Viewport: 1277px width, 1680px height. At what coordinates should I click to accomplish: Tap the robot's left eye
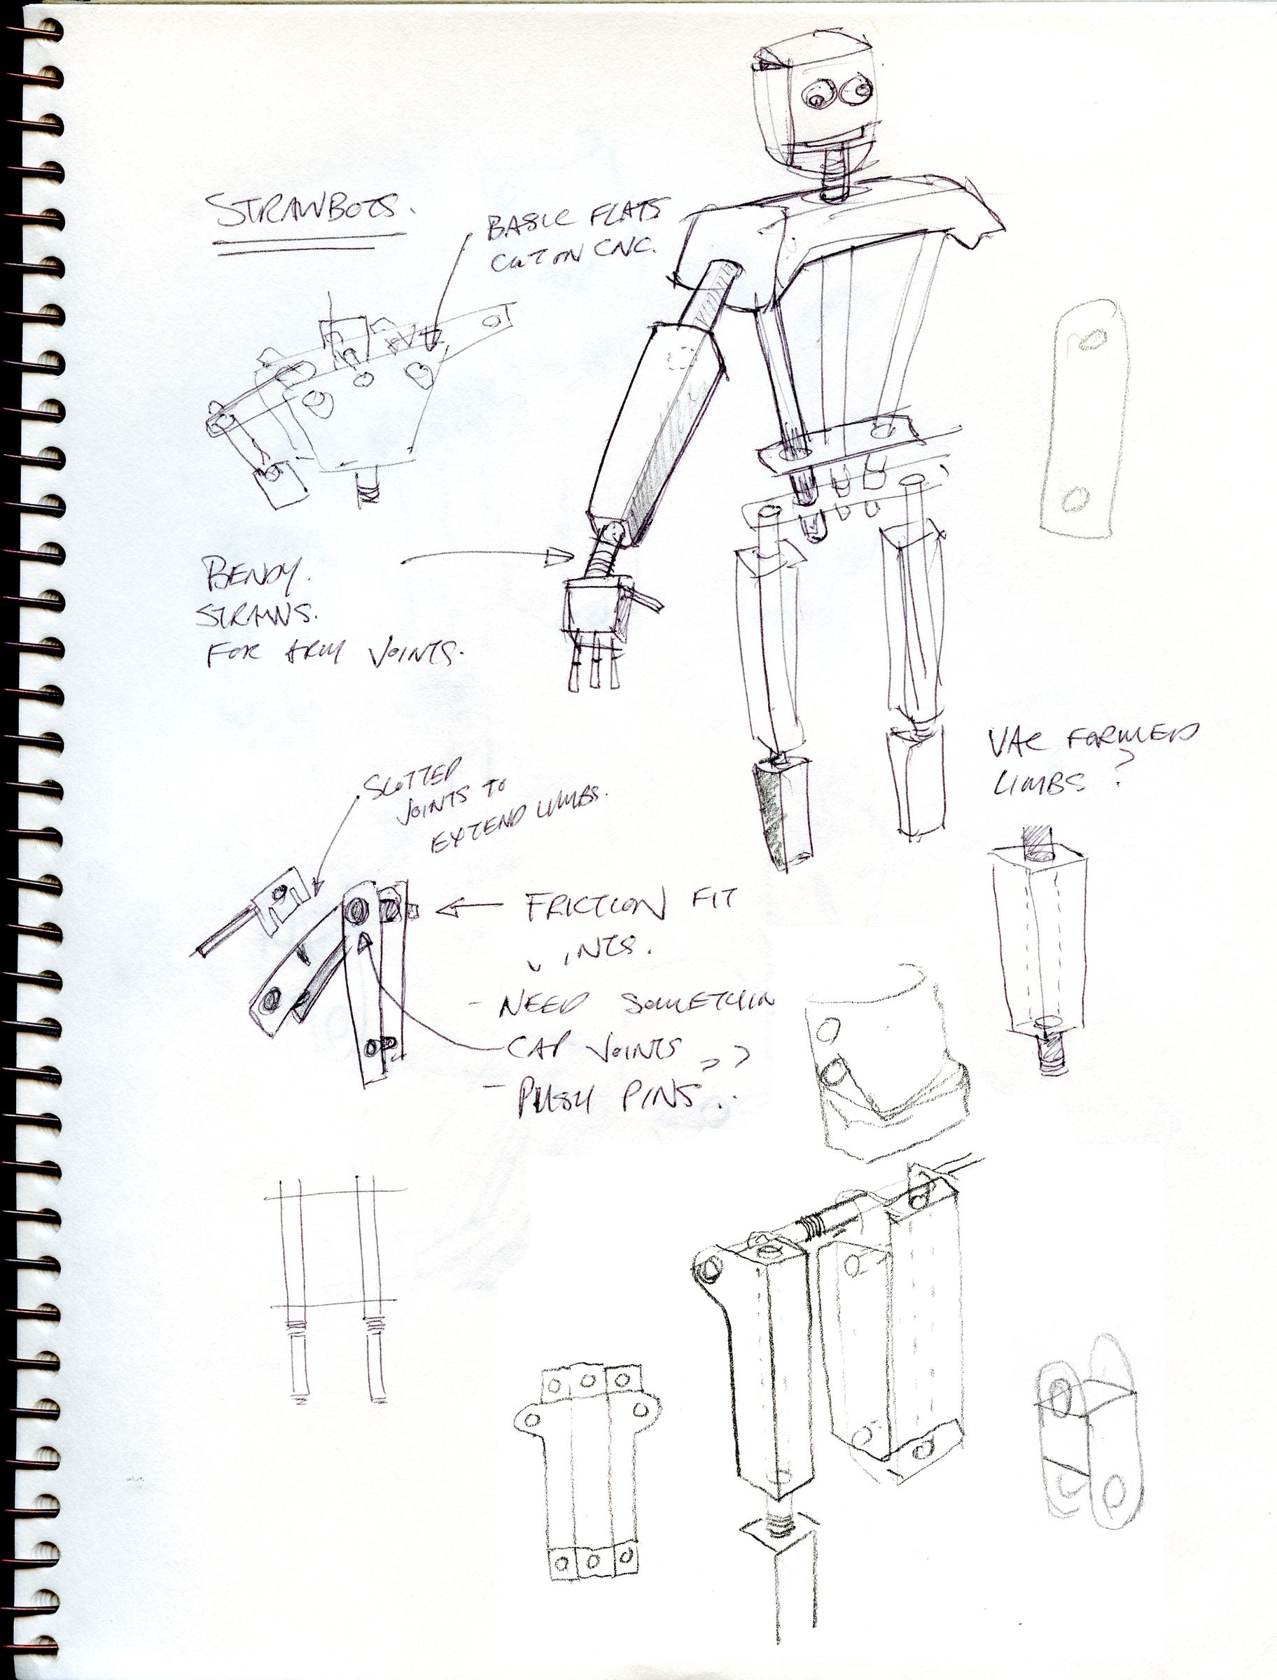pyautogui.click(x=816, y=97)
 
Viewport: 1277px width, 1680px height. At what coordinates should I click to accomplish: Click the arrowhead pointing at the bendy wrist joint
pyautogui.click(x=561, y=559)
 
